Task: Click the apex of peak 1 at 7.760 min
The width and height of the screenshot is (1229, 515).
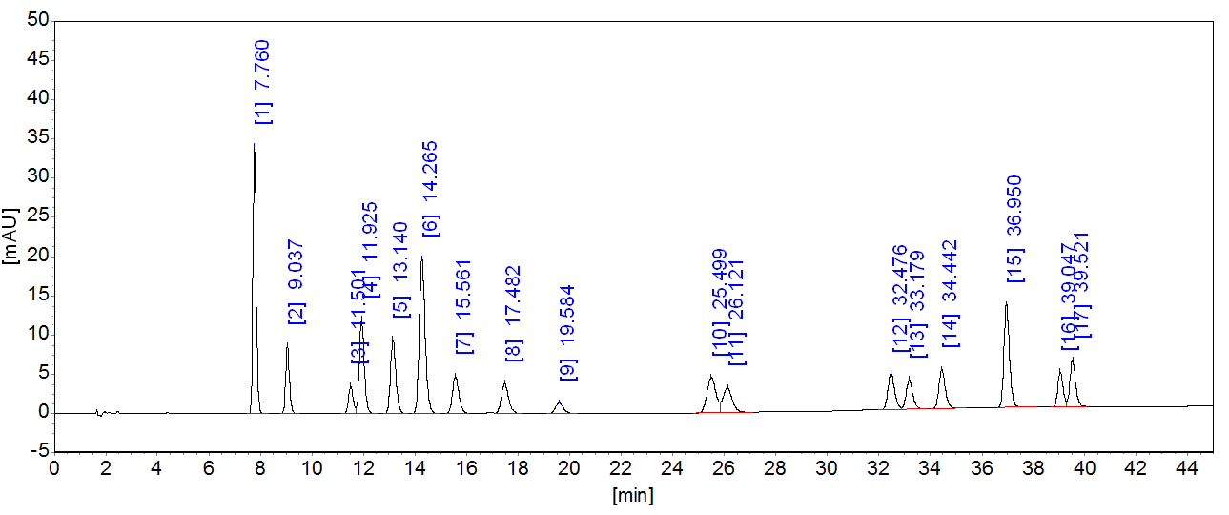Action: tap(254, 145)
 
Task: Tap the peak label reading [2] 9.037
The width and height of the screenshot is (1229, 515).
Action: tap(297, 281)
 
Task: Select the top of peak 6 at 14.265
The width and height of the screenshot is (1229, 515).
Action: tap(421, 257)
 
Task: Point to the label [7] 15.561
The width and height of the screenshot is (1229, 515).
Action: tap(463, 304)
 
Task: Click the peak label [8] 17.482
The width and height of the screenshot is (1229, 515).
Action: tap(513, 314)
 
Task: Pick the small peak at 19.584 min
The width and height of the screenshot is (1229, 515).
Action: tap(559, 402)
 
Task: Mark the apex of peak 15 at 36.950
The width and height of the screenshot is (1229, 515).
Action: tap(1006, 303)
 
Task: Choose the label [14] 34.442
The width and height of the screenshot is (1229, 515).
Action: tap(951, 293)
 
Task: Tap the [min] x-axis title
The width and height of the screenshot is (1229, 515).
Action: tap(634, 495)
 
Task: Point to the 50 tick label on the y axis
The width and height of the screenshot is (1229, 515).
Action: tap(39, 20)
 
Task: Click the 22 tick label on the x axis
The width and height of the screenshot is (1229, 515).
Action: tap(621, 468)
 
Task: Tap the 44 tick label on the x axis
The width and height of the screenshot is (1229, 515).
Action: tap(1187, 468)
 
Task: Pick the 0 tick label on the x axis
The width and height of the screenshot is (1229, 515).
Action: tap(54, 468)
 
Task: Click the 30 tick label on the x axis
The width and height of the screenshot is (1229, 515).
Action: tap(827, 468)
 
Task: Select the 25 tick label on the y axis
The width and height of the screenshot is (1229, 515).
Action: tap(39, 216)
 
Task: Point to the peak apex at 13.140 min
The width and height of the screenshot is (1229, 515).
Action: tap(392, 337)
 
